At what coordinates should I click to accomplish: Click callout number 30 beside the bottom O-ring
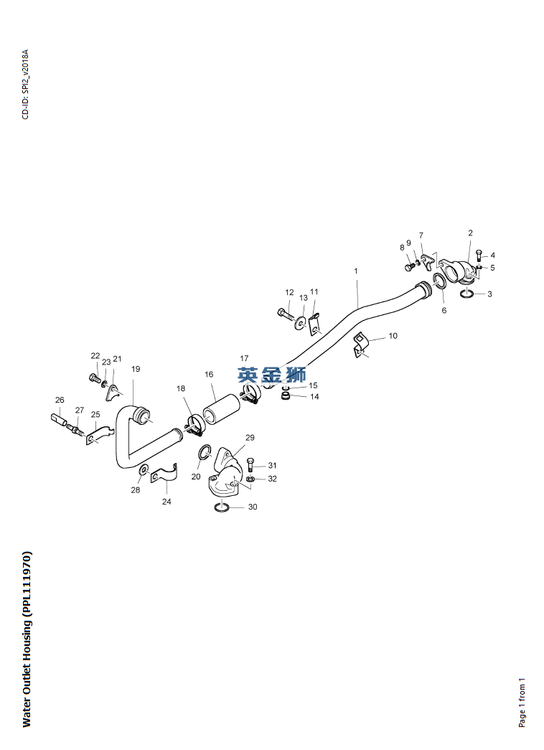(253, 507)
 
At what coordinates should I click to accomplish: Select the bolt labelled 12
(286, 315)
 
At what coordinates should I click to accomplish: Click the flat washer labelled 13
(301, 323)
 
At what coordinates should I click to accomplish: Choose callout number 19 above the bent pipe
(136, 369)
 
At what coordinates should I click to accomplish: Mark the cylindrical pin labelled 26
(59, 419)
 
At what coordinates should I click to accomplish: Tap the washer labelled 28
(144, 470)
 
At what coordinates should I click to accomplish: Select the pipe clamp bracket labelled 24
(165, 474)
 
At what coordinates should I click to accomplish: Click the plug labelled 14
(286, 396)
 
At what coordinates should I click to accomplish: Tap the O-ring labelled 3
(467, 294)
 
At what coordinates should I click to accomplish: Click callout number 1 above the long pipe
(355, 271)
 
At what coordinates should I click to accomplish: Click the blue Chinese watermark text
(272, 374)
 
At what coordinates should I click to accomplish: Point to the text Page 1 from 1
(522, 702)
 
